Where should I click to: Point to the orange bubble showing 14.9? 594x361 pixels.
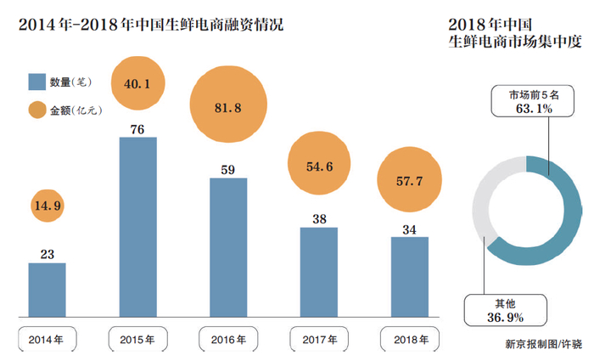pos(47,205)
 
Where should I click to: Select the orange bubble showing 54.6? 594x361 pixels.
pos(318,167)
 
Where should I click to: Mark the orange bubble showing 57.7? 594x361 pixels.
pos(409,181)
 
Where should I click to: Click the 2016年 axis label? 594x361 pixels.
pos(228,340)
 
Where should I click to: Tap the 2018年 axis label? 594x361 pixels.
pos(409,340)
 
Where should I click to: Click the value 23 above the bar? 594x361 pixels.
pos(47,253)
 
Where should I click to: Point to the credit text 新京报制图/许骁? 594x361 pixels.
pos(543,344)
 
